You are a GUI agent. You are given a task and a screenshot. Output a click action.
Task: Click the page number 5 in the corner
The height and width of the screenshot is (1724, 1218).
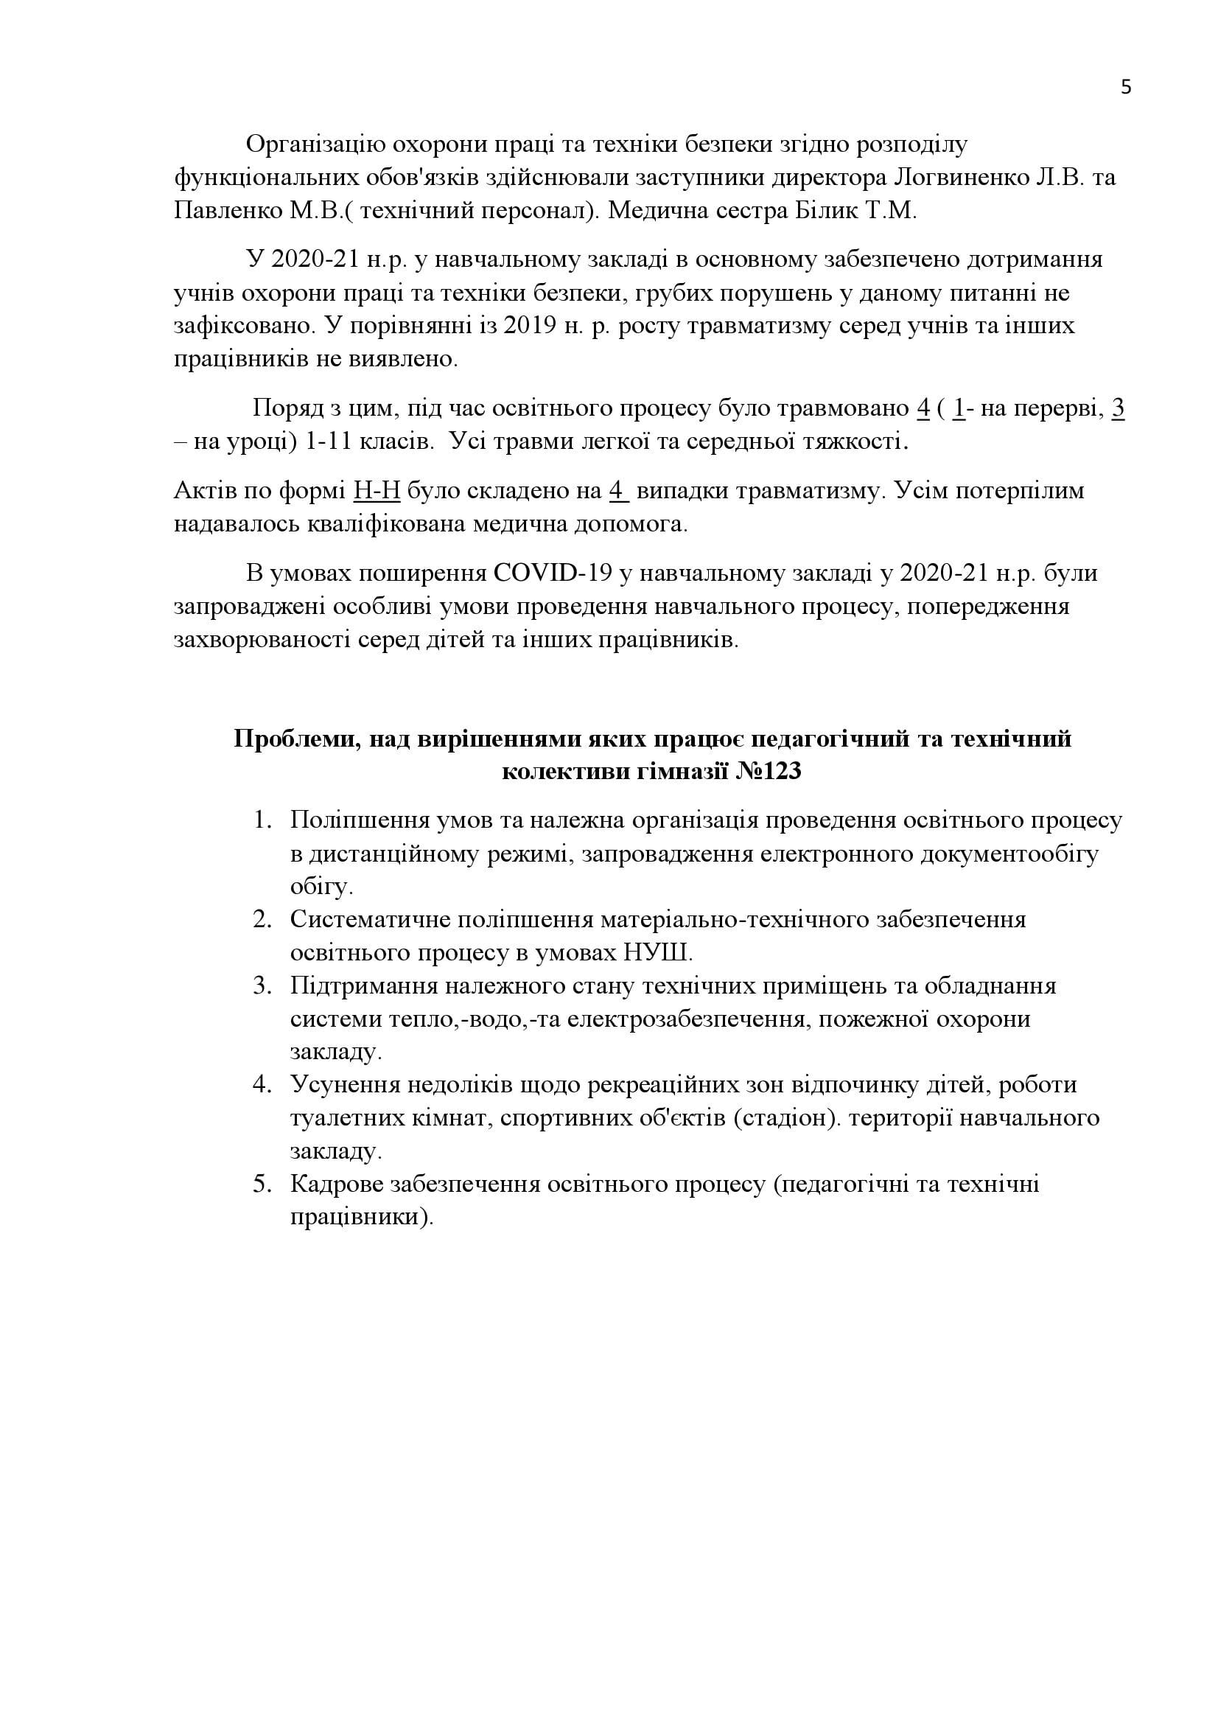click(x=1126, y=88)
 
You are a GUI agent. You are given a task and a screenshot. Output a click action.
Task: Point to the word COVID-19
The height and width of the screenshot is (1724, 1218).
click(x=555, y=573)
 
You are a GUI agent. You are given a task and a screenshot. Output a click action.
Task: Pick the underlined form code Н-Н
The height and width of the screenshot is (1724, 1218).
click(x=376, y=491)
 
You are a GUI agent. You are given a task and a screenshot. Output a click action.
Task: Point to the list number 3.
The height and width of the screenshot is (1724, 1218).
click(x=261, y=985)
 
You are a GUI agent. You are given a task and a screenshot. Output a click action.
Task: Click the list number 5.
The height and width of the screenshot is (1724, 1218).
click(x=261, y=1184)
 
